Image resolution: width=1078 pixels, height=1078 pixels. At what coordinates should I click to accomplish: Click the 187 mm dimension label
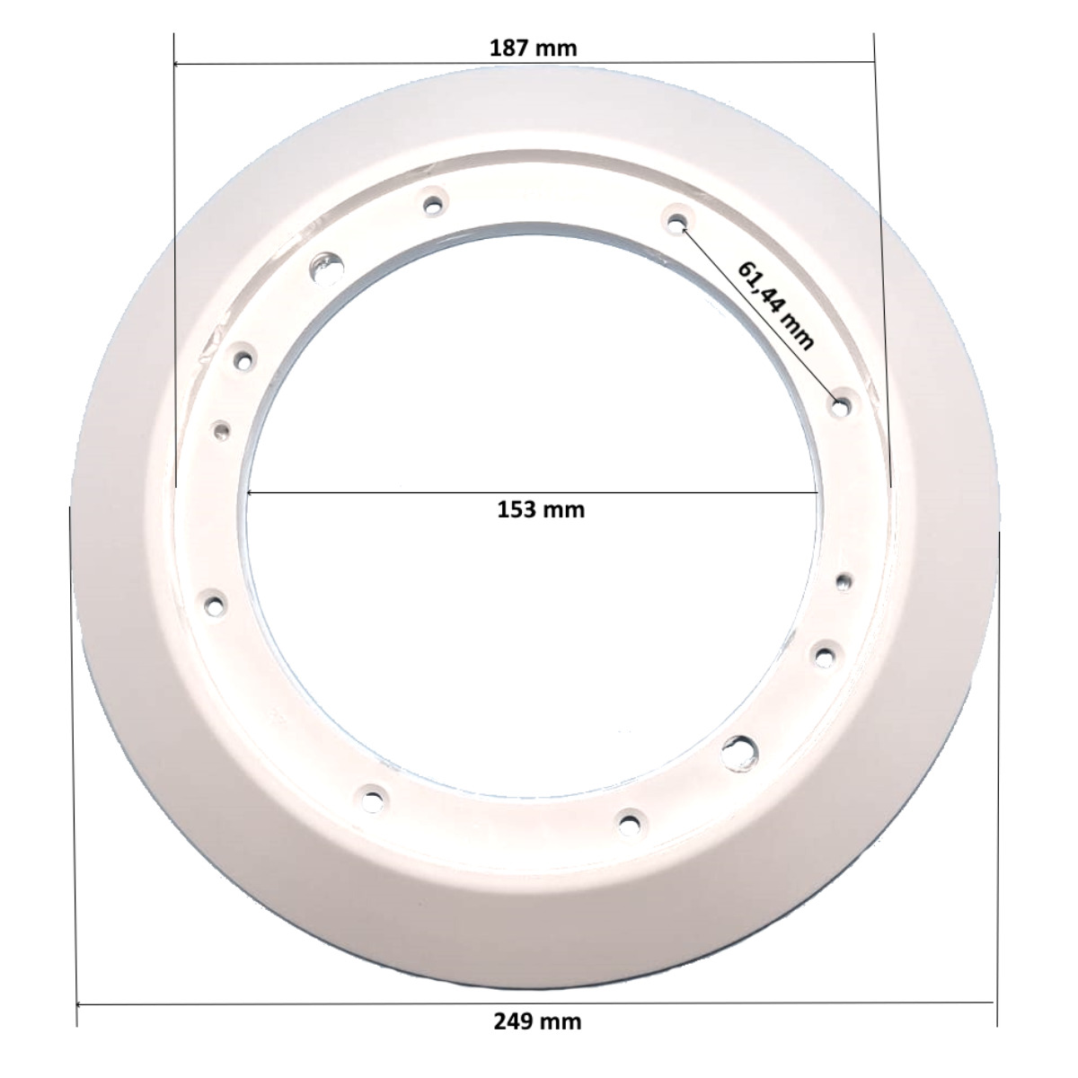tap(533, 49)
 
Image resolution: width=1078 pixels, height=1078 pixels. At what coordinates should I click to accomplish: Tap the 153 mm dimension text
tap(541, 509)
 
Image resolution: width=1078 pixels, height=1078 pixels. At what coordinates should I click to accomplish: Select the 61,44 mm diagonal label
tap(774, 305)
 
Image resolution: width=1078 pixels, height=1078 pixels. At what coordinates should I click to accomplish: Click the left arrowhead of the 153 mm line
tap(251, 492)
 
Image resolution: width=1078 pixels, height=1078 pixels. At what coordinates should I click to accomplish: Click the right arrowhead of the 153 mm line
tap(814, 492)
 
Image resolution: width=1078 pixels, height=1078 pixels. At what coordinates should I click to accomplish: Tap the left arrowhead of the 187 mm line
tap(178, 64)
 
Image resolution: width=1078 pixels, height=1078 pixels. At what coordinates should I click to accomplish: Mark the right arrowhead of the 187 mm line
tap(870, 63)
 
